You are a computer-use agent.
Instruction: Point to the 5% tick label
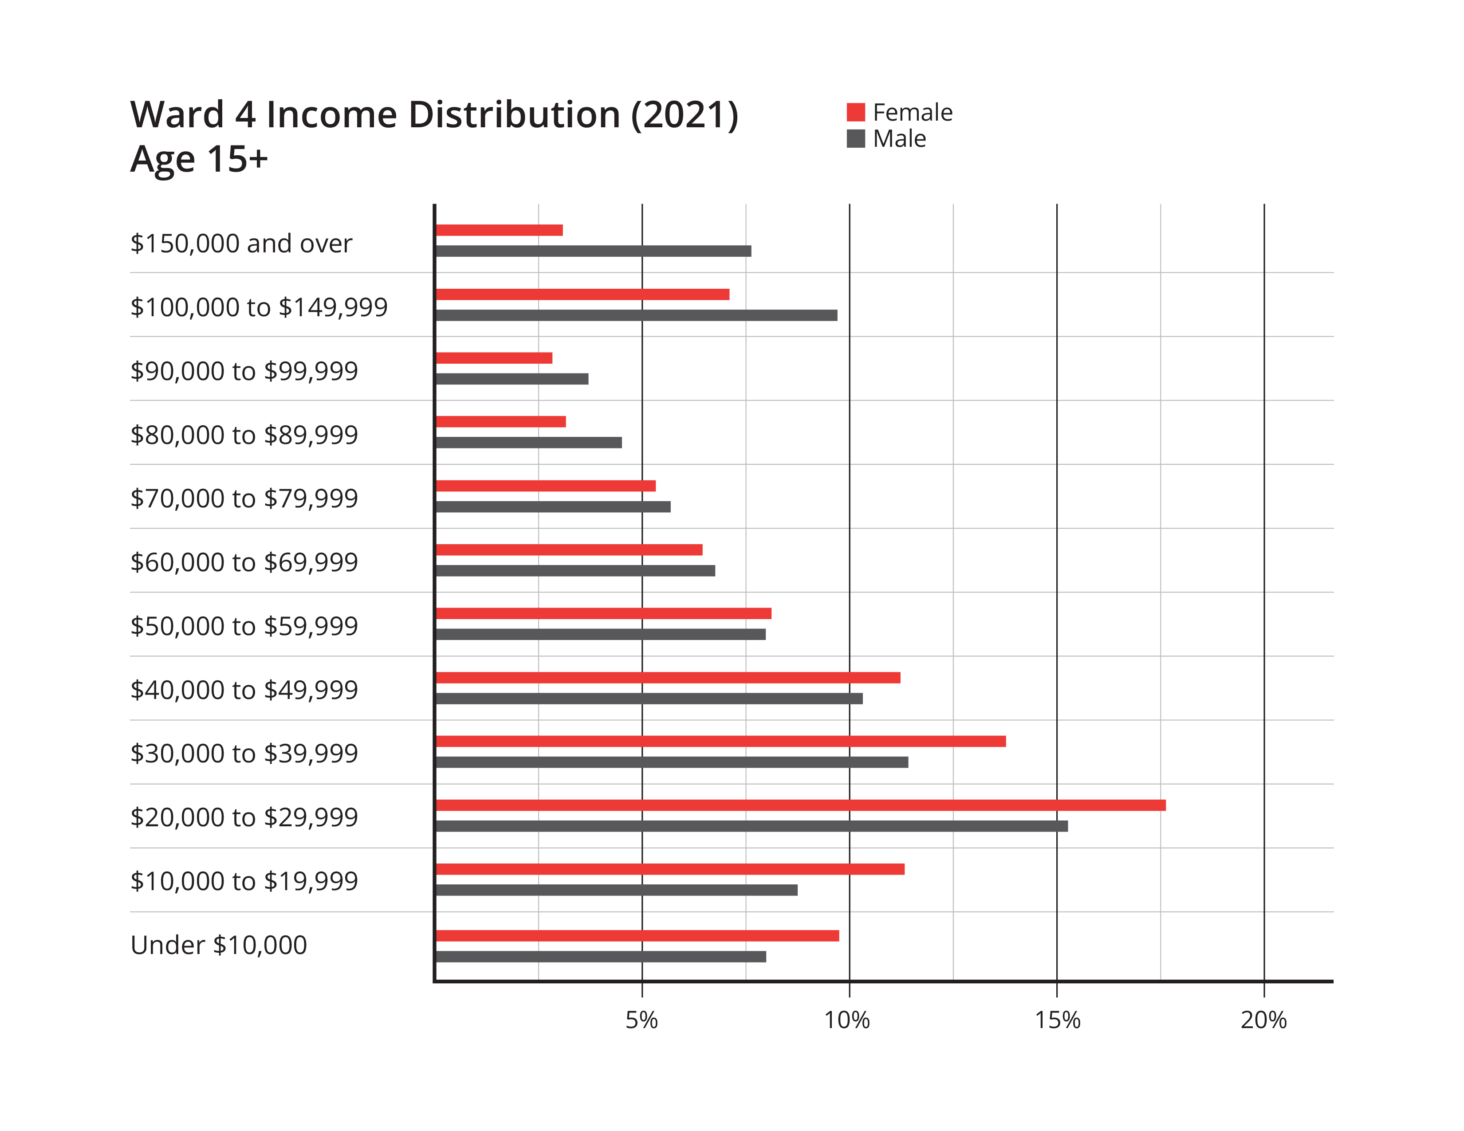pos(641,1020)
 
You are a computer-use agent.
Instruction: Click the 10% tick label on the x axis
pos(847,1020)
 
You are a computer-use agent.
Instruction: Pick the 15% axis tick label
pos(1057,1020)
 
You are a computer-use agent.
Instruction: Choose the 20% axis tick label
pos(1263,1020)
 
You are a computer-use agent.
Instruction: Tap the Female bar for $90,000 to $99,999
pos(495,358)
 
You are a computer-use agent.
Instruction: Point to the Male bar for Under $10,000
pos(601,957)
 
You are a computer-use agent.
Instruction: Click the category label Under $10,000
pos(219,945)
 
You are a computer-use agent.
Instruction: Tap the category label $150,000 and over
pos(240,243)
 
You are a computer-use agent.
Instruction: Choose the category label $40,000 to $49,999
pos(244,689)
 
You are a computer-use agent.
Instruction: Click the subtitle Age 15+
pos(199,160)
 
